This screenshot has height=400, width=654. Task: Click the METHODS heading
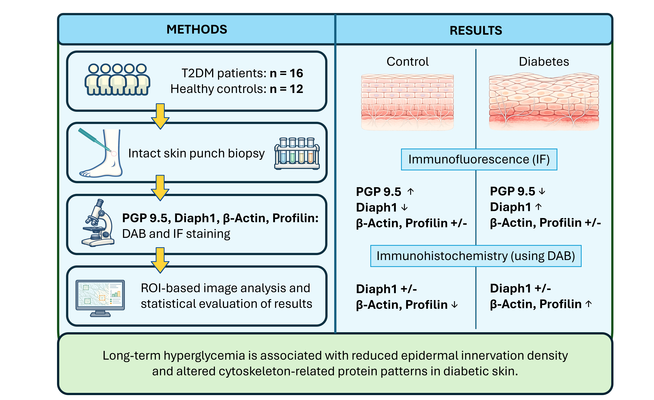pyautogui.click(x=197, y=29)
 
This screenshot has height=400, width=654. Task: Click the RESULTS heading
pyautogui.click(x=476, y=31)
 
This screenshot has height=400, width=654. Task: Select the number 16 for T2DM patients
pyautogui.click(x=296, y=73)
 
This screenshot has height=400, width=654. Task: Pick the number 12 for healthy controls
pyautogui.click(x=296, y=89)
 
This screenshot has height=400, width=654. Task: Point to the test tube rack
pyautogui.click(x=297, y=153)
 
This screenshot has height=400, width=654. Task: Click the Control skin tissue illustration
pyautogui.click(x=407, y=102)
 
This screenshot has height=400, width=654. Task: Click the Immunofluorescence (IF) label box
pyautogui.click(x=479, y=159)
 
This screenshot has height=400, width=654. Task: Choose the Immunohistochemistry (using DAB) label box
pyautogui.click(x=476, y=256)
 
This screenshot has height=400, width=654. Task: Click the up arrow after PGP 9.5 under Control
pyautogui.click(x=411, y=191)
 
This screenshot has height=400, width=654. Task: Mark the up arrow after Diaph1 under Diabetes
pyautogui.click(x=538, y=207)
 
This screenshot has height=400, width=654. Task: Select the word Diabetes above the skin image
pyautogui.click(x=544, y=62)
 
